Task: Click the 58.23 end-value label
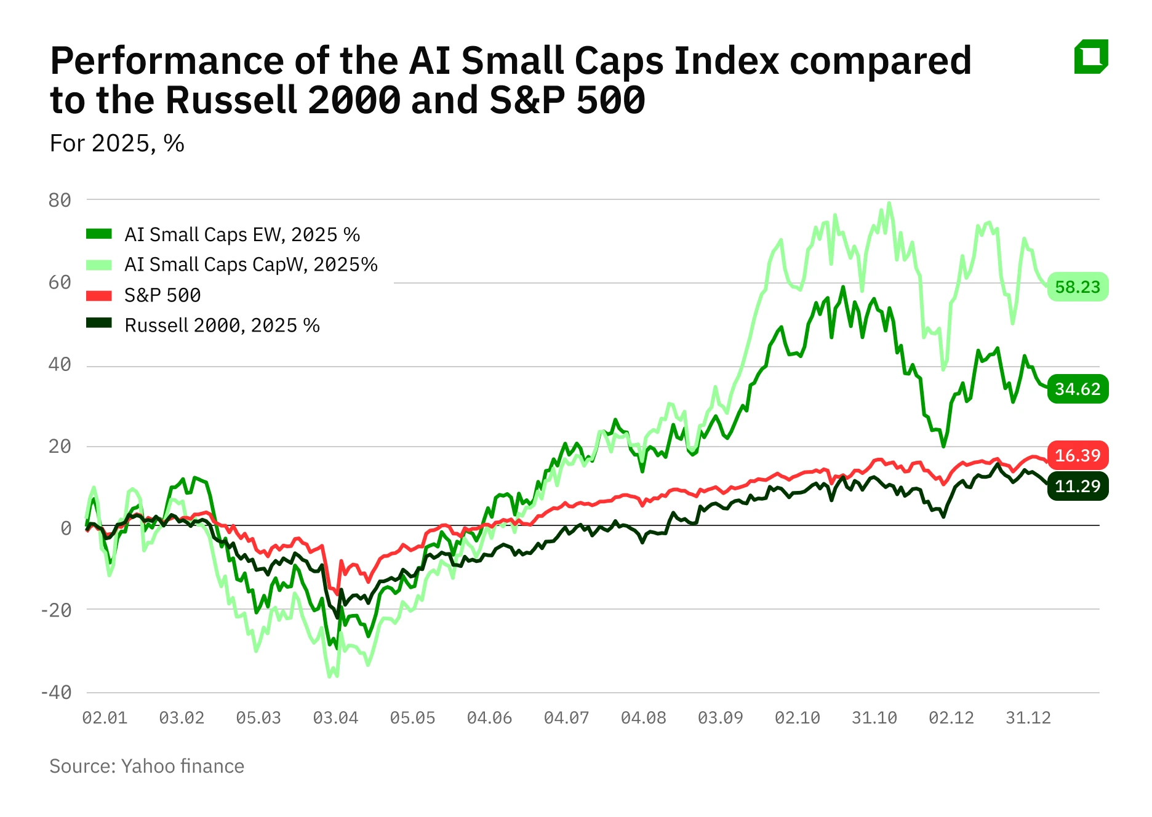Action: click(x=1077, y=287)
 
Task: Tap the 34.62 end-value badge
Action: click(x=1077, y=389)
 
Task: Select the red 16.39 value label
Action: click(x=1077, y=455)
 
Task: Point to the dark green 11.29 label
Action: click(x=1077, y=486)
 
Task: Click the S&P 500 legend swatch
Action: click(x=99, y=295)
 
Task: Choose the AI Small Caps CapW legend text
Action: click(x=250, y=265)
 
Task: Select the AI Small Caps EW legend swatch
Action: click(x=99, y=234)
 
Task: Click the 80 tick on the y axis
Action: click(x=60, y=200)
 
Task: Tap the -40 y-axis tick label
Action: click(x=56, y=692)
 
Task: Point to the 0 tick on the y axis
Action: click(x=66, y=528)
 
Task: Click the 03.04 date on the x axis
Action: click(x=335, y=717)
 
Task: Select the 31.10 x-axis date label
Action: click(x=874, y=717)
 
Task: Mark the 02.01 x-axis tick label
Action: click(x=105, y=717)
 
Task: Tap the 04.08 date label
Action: click(x=643, y=717)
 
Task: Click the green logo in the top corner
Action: click(x=1091, y=57)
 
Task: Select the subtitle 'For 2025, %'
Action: click(x=117, y=143)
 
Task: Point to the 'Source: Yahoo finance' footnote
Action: click(x=146, y=766)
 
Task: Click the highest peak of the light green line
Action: click(x=889, y=204)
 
